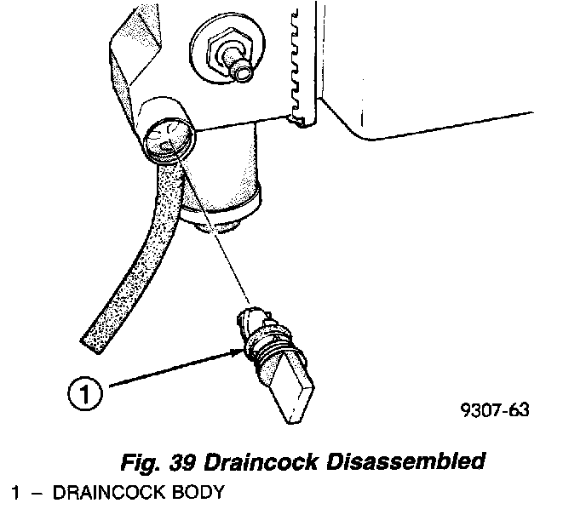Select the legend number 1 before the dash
(16, 493)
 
